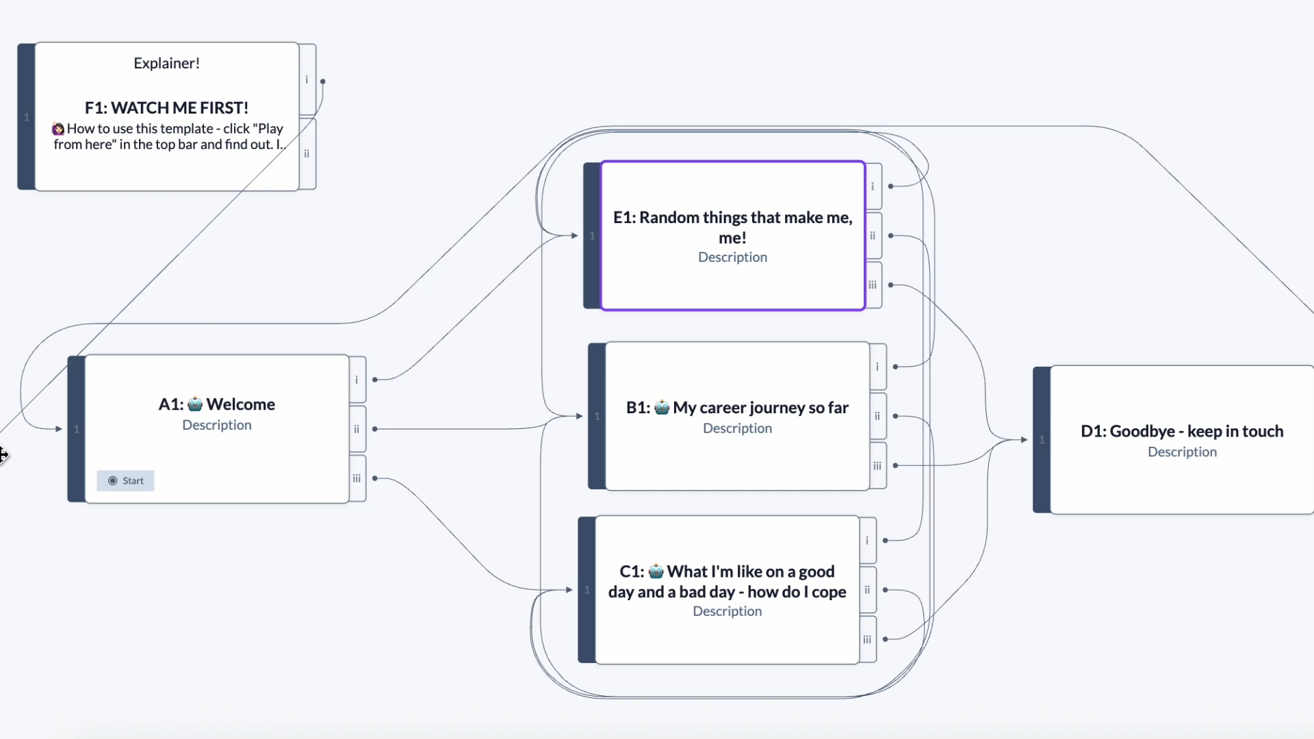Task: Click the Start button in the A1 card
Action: click(126, 480)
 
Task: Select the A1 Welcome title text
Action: click(217, 404)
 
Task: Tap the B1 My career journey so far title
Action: click(737, 408)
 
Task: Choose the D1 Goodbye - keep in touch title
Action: click(1182, 431)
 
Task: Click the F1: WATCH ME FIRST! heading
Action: click(166, 108)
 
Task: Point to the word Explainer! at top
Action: click(166, 63)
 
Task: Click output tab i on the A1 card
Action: click(357, 380)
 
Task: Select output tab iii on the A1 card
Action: click(357, 478)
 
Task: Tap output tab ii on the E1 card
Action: click(873, 235)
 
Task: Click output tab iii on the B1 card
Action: click(877, 465)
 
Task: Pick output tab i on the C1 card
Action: click(867, 541)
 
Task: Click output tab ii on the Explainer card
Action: click(307, 154)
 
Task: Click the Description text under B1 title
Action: click(737, 428)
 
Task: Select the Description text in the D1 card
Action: click(1182, 452)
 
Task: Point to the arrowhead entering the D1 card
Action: click(1024, 440)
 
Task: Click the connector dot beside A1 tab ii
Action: click(375, 429)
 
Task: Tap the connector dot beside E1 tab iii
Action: click(891, 285)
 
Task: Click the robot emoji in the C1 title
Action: click(656, 571)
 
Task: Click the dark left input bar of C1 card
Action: click(587, 590)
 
